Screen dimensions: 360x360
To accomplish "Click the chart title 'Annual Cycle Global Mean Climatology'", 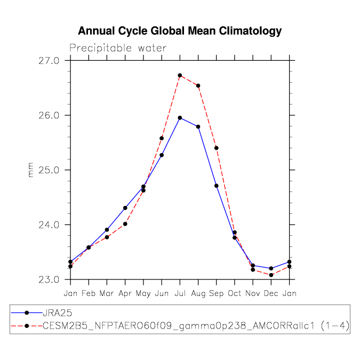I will [180, 31].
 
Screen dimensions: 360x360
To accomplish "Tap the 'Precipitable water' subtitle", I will [118, 49].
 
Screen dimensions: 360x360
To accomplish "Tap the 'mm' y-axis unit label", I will [30, 170].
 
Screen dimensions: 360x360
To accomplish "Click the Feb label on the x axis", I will [89, 293].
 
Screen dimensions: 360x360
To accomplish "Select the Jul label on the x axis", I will [180, 293].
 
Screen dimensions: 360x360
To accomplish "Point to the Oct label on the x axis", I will [235, 293].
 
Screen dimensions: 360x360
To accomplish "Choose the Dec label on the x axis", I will [271, 293].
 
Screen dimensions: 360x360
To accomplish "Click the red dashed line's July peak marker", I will [180, 75].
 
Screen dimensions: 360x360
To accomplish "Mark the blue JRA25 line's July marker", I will [180, 118].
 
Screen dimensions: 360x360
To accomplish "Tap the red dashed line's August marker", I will [198, 85].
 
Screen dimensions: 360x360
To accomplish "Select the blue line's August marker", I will [198, 126].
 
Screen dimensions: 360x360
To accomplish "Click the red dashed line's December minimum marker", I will [271, 275].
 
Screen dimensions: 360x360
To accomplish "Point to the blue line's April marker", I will [125, 208].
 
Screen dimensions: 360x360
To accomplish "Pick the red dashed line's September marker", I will [217, 148].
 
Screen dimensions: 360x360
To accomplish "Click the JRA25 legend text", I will [57, 313].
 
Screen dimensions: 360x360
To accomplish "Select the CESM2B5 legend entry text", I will [196, 325].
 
